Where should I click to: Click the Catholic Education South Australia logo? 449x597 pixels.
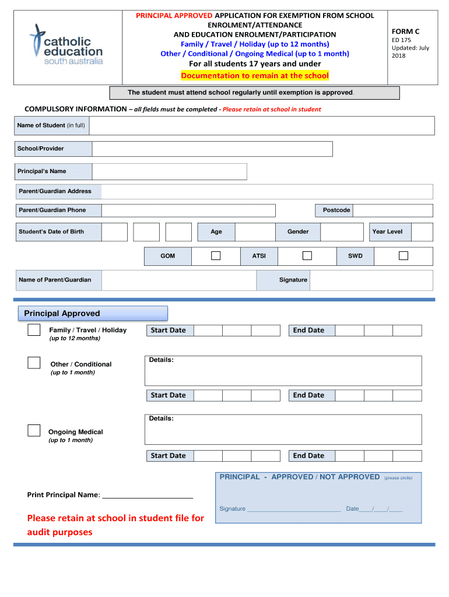pyautogui.click(x=66, y=45)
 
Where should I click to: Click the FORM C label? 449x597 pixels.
pyautogui.click(x=406, y=31)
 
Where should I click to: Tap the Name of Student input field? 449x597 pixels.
pyautogui.click(x=261, y=125)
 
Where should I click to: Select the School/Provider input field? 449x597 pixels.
pyautogui.click(x=212, y=149)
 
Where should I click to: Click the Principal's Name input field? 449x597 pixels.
pyautogui.click(x=169, y=171)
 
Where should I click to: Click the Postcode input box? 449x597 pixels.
pyautogui.click(x=393, y=210)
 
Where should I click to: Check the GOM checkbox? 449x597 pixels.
pyautogui.click(x=216, y=256)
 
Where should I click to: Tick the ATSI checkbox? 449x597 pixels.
pyautogui.click(x=307, y=256)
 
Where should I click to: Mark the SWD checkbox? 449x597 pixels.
pyautogui.click(x=403, y=256)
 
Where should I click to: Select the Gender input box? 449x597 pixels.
pyautogui.click(x=342, y=232)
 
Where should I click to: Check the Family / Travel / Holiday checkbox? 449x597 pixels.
pyautogui.click(x=34, y=331)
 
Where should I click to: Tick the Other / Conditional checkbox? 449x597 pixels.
pyautogui.click(x=34, y=363)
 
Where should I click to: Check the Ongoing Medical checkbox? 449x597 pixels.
pyautogui.click(x=34, y=431)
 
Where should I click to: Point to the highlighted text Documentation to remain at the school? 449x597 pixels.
pyautogui.click(x=255, y=76)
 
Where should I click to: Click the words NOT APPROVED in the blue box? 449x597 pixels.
pyautogui.click(x=349, y=477)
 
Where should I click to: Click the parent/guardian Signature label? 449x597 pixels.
pyautogui.click(x=293, y=280)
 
